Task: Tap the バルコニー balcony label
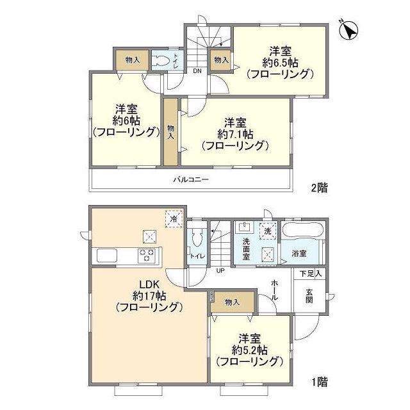pyautogui.click(x=191, y=180)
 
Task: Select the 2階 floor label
pyautogui.click(x=319, y=188)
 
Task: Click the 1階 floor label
pyautogui.click(x=319, y=382)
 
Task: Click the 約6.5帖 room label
pyautogui.click(x=280, y=62)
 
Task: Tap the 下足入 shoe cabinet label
pyautogui.click(x=311, y=274)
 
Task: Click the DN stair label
pyautogui.click(x=198, y=71)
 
